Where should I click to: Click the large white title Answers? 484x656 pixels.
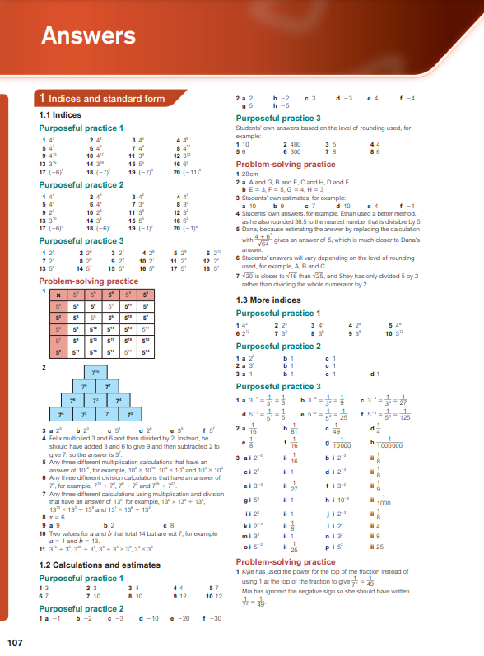pyautogui.click(x=88, y=35)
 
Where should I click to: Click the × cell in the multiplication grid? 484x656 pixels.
pyautogui.click(x=51, y=293)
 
